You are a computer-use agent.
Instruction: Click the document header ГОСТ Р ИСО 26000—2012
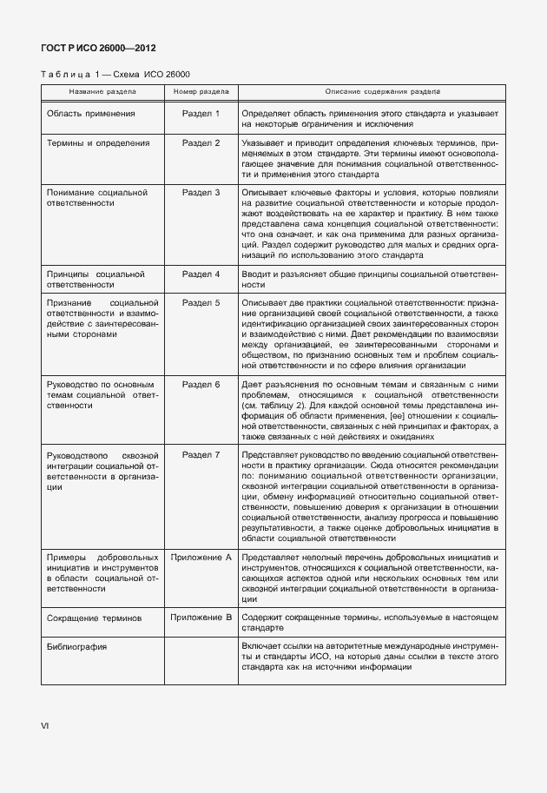[98, 48]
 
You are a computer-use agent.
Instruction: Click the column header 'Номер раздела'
[201, 90]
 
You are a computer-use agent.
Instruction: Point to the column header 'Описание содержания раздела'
[382, 90]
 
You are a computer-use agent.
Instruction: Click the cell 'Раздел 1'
[201, 114]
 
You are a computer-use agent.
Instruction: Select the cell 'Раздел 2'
[201, 142]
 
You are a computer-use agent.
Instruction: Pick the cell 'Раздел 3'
[201, 191]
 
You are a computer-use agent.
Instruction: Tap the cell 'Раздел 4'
[201, 274]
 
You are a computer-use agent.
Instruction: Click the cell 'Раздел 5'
[201, 302]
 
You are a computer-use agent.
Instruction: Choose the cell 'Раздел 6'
[201, 383]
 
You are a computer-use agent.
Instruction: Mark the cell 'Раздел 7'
[201, 454]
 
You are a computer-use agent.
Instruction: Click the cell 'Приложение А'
[201, 556]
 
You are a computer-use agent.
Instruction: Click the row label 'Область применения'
[90, 114]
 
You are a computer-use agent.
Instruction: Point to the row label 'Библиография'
[76, 646]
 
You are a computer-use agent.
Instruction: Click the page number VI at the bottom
[44, 724]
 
